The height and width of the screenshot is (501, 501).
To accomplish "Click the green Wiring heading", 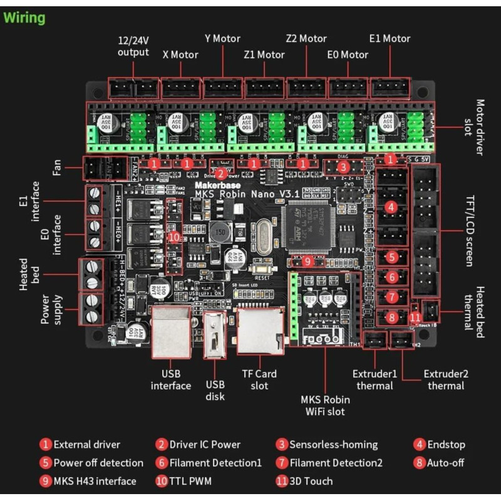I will pos(25,18).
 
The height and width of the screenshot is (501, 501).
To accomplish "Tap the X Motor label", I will pos(180,54).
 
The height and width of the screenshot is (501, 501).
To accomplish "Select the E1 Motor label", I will pos(390,39).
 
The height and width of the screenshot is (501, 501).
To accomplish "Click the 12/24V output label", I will pos(133,46).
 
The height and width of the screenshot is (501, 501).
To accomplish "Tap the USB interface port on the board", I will pos(172,332).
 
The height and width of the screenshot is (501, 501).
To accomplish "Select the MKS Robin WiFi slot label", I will pos(325,405).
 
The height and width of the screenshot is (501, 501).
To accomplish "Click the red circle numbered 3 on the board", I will pos(343,167).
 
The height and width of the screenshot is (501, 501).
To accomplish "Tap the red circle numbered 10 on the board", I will pos(174,236).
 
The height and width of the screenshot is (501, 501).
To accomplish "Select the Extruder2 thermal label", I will pos(446,380).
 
